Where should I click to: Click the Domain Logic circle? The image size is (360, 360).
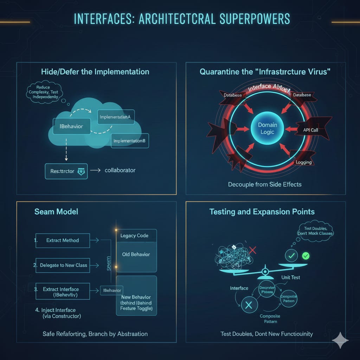[x=268, y=129]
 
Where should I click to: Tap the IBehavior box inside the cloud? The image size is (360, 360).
[x=71, y=126]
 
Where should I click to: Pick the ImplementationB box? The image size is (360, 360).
[x=130, y=141]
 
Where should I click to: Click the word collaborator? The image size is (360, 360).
[x=120, y=170]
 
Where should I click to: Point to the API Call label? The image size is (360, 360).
[x=310, y=130]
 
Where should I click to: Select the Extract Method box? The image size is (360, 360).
[x=63, y=240]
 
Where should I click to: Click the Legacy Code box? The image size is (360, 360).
[x=136, y=236]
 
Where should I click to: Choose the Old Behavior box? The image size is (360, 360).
[x=136, y=254]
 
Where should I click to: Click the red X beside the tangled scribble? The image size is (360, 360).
[x=252, y=251]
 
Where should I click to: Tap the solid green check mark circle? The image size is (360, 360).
[x=306, y=256]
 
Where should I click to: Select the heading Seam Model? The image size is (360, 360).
[x=56, y=212]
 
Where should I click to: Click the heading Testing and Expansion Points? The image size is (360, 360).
[x=262, y=212]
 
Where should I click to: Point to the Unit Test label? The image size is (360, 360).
[x=291, y=277]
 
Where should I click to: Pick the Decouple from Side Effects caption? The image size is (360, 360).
[x=265, y=184]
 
